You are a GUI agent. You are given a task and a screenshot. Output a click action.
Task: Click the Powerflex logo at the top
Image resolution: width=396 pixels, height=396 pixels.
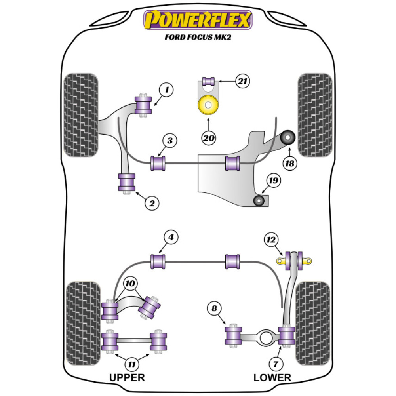[x=198, y=20]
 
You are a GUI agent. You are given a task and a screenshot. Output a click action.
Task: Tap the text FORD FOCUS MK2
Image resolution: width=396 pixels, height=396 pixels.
[x=198, y=38]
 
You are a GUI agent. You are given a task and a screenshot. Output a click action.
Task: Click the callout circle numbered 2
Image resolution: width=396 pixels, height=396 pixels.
[x=151, y=203]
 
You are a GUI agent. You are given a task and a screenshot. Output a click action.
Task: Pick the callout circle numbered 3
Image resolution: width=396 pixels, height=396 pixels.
[x=169, y=141]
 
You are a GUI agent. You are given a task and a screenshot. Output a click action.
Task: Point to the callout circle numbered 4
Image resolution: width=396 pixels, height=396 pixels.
[x=171, y=238]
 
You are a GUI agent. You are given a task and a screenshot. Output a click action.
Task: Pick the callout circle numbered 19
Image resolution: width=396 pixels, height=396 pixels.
[x=274, y=181]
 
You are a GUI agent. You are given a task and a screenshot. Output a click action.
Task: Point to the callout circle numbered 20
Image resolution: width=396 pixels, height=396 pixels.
[x=208, y=138]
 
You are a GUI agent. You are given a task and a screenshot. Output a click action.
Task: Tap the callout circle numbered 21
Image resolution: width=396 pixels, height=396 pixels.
[x=242, y=82]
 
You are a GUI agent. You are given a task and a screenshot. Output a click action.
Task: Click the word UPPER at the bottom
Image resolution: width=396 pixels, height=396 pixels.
[x=127, y=377]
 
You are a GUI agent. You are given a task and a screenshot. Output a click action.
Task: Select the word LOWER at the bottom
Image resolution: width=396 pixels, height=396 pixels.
[x=272, y=377]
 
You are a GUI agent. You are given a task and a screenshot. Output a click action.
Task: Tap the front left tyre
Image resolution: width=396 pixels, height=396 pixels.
[x=81, y=115]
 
